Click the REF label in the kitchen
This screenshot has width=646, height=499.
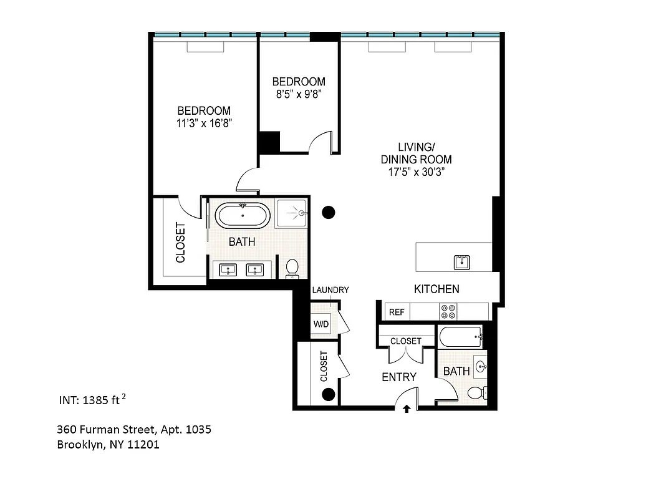point(396,312)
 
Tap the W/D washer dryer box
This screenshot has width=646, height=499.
point(321,324)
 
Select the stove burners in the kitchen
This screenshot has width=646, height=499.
point(448,311)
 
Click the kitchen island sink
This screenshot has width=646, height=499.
point(462,262)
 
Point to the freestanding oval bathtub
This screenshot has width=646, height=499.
point(243,216)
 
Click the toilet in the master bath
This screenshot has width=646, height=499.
point(292,268)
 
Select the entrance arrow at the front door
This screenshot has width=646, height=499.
point(407,409)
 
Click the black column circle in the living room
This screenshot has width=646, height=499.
point(329,213)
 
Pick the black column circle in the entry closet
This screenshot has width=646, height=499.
point(329,394)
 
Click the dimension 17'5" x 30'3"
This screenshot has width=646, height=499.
point(416,172)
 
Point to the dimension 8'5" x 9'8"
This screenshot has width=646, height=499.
point(299,94)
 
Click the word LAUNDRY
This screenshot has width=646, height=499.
point(330,290)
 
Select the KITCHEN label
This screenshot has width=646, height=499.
point(436,289)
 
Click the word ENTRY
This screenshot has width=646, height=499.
point(398,377)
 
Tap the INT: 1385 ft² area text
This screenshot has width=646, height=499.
point(93,400)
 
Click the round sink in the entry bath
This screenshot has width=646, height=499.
point(481,366)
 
